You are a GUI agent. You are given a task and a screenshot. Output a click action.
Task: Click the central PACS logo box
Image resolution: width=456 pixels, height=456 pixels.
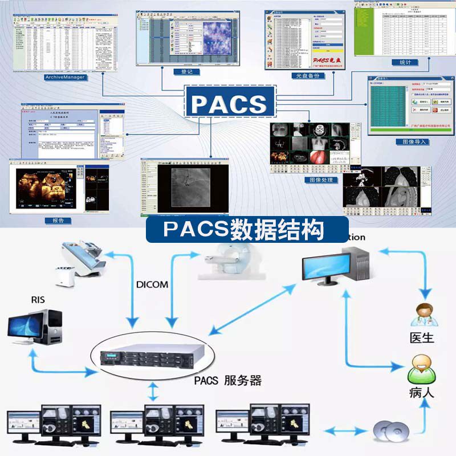[x=228, y=103]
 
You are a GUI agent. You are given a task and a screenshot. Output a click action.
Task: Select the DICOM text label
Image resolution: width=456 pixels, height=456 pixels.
[x=152, y=284]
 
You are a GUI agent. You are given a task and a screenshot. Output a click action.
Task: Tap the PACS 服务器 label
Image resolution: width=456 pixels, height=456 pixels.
[x=227, y=380]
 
